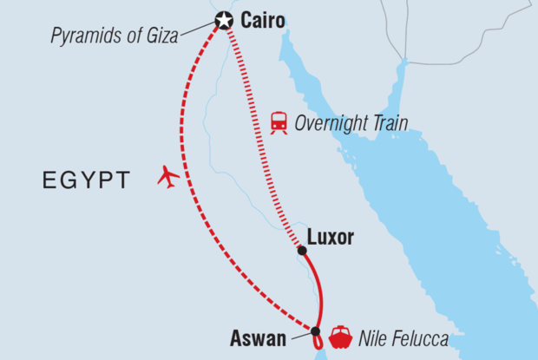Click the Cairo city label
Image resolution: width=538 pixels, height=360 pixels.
point(262,19)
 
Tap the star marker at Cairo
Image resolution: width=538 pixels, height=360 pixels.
point(224,20)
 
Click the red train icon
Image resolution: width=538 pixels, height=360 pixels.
point(279,122)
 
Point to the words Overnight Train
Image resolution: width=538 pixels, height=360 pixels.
point(351,122)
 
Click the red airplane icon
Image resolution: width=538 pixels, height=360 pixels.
point(168,177)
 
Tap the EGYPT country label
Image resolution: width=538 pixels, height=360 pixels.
point(86,180)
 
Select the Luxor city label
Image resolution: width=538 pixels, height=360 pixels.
point(331,237)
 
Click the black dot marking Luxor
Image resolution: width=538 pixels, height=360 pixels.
point(302,251)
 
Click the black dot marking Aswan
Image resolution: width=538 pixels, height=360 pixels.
point(316,331)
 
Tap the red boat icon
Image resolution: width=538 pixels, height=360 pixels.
point(340,336)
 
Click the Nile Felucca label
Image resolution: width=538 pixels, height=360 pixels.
point(404,338)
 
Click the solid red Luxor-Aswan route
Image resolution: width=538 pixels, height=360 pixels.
point(320,291)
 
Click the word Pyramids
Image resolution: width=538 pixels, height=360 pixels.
point(84,36)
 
